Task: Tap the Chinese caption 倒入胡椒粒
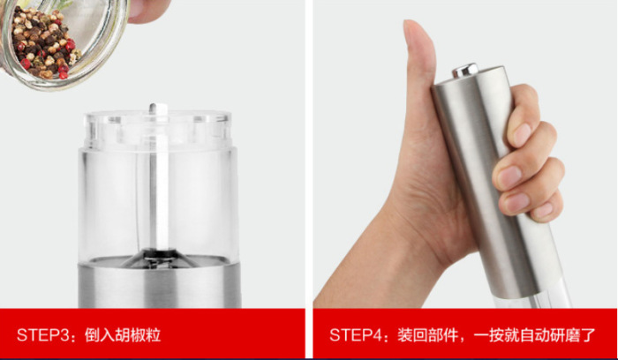point(123,335)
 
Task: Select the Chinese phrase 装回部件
point(426,335)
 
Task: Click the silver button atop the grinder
point(465,70)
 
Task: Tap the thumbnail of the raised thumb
point(412,34)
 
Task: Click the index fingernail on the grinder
point(522,134)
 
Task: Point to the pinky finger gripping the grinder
point(545,208)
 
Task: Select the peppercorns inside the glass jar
point(42,42)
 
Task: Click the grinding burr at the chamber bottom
point(160,257)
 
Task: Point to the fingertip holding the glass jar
point(147,11)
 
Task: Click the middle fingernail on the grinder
point(509,176)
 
